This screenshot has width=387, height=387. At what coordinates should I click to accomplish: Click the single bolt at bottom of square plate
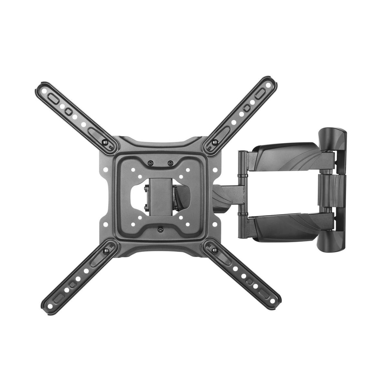click(x=160, y=230)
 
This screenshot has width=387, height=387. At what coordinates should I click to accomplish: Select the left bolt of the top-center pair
click(x=150, y=163)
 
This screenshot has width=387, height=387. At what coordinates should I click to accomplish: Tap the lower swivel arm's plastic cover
click(x=284, y=227)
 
